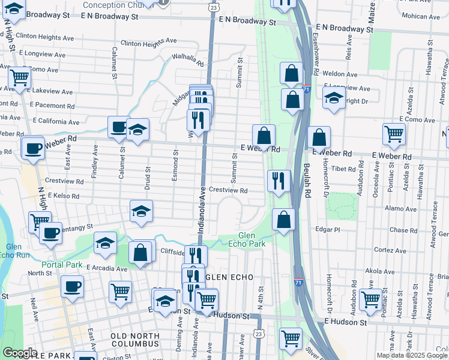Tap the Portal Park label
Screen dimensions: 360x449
[x=62, y=265]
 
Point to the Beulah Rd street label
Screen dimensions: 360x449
[x=306, y=180]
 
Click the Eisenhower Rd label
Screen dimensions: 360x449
[x=316, y=50]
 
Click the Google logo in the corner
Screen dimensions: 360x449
[x=20, y=353]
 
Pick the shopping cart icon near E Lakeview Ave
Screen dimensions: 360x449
[x=20, y=77]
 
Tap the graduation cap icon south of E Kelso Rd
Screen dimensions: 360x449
[x=141, y=212]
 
